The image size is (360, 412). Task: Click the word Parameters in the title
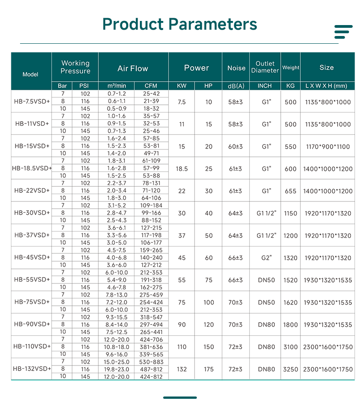pos(213,24)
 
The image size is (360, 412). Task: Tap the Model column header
pos(31,74)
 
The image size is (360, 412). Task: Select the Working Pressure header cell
pos(75,67)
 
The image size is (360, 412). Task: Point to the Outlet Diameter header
pos(265,67)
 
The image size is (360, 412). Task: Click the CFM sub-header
pos(151,86)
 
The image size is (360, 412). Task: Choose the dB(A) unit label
pos(236,86)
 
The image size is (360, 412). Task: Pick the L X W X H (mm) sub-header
pos(326,86)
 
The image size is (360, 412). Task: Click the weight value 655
pos(290,191)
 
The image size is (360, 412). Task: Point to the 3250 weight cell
pos(290,369)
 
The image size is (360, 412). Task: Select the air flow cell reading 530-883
pos(151,362)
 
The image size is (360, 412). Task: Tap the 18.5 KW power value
pos(182,169)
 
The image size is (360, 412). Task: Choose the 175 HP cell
pos(208,369)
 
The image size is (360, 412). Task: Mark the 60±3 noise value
pos(236,147)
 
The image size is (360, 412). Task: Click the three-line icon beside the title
pos(343,32)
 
